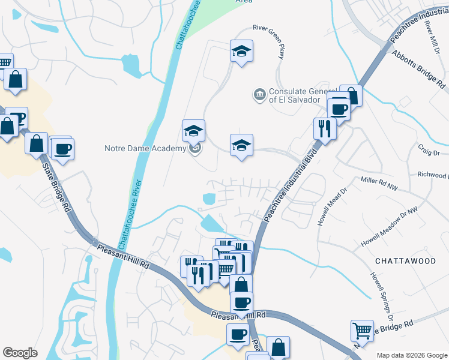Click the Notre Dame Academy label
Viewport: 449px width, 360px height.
[x=145, y=148]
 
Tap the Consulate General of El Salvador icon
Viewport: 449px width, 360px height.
[x=259, y=95]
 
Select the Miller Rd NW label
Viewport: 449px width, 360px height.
[x=379, y=184]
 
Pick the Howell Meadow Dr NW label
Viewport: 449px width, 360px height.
[x=389, y=233]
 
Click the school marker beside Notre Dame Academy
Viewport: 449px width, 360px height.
[x=194, y=130]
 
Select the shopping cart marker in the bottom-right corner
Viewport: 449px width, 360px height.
[x=362, y=331]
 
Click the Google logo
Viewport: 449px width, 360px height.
[x=20, y=353]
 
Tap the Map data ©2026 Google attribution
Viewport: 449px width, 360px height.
[x=411, y=355]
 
